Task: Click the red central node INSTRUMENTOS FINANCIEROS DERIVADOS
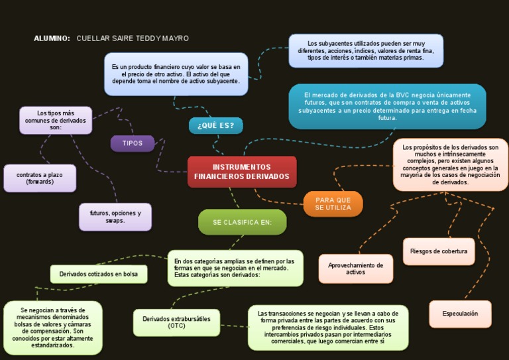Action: pos(242,172)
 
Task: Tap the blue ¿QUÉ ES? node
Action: pos(215,125)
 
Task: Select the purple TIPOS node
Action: pos(133,143)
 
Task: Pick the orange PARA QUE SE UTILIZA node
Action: pos(333,204)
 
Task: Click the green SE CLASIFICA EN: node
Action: pos(242,222)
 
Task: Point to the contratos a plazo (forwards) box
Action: pos(40,178)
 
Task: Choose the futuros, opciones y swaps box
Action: pos(115,217)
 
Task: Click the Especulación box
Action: pos(460,314)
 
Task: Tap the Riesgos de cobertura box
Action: pos(439,251)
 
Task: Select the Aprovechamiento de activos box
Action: pos(355,269)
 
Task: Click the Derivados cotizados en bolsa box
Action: pos(99,274)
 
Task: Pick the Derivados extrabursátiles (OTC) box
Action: pos(176,322)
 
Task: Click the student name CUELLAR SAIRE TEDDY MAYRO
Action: pos(133,38)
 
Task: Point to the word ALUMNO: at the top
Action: pos(52,38)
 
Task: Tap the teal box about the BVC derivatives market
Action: pos(387,106)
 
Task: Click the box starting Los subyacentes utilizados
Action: pos(365,50)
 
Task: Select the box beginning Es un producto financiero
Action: pos(176,74)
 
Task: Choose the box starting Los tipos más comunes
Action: pos(56,120)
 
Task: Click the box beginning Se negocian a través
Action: pos(52,328)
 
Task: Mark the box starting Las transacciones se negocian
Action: pos(327,328)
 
